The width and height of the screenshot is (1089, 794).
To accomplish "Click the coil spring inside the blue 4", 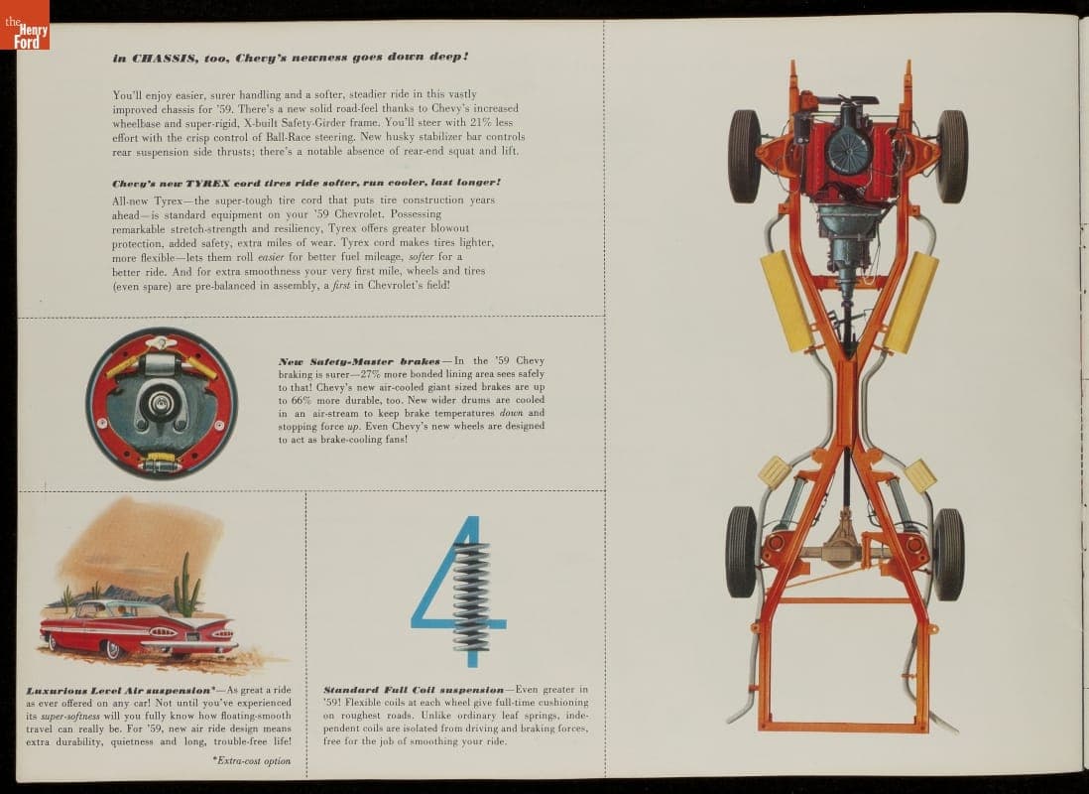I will (x=470, y=595).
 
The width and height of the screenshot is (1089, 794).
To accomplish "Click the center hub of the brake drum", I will (x=160, y=403).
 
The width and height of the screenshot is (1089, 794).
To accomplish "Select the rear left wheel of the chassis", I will (x=741, y=552).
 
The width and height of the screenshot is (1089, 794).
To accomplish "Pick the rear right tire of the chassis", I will (x=948, y=553).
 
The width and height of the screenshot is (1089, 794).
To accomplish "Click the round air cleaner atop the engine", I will (x=848, y=151).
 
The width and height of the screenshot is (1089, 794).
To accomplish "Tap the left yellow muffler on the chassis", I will (x=787, y=301).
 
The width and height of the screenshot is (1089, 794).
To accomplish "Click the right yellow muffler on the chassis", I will (x=910, y=302).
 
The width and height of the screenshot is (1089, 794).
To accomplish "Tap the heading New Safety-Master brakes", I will (x=359, y=361).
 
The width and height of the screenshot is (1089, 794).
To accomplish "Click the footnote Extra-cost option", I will (x=252, y=759).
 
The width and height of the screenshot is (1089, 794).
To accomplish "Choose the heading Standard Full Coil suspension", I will (x=414, y=690).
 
